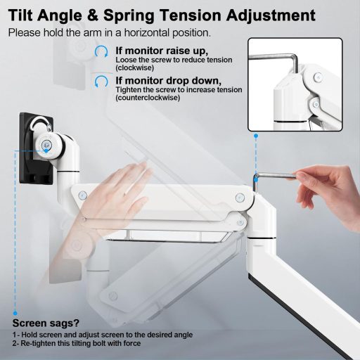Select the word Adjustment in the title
tap(271, 16)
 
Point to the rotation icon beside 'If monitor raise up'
tap(101, 51)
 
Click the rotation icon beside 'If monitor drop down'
tap(101, 82)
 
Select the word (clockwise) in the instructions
tap(135, 68)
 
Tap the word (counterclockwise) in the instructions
tap(148, 98)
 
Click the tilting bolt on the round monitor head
tap(46, 146)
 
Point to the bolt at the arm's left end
tap(82, 195)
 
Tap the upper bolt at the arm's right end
tap(240, 198)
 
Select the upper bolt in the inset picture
tap(318, 77)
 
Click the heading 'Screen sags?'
tap(46, 323)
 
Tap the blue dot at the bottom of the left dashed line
tap(15, 313)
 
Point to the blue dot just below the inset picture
tap(256, 136)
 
